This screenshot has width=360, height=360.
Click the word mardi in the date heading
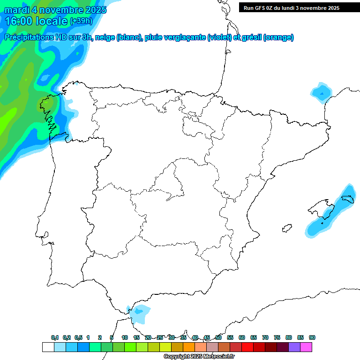pos(17,10)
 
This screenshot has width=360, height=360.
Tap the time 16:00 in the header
pos(19,21)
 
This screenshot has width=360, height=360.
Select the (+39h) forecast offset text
pos(81,21)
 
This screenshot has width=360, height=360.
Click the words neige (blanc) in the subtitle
pos(118,37)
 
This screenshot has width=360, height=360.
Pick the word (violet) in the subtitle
pos(219,37)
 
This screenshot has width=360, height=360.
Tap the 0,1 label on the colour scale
pos(55,337)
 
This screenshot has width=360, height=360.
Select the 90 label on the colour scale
pos(312,337)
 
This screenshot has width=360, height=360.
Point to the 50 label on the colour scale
pos(218,337)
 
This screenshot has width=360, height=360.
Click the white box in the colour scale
pos(48,347)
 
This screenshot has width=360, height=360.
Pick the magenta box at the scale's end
pos(306,347)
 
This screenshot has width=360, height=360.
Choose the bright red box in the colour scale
pos(247,347)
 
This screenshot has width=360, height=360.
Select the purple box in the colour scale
pos(294,347)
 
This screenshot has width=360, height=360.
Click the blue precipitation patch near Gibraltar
pos(140,313)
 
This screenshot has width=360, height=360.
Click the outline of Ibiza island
pos(286,229)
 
